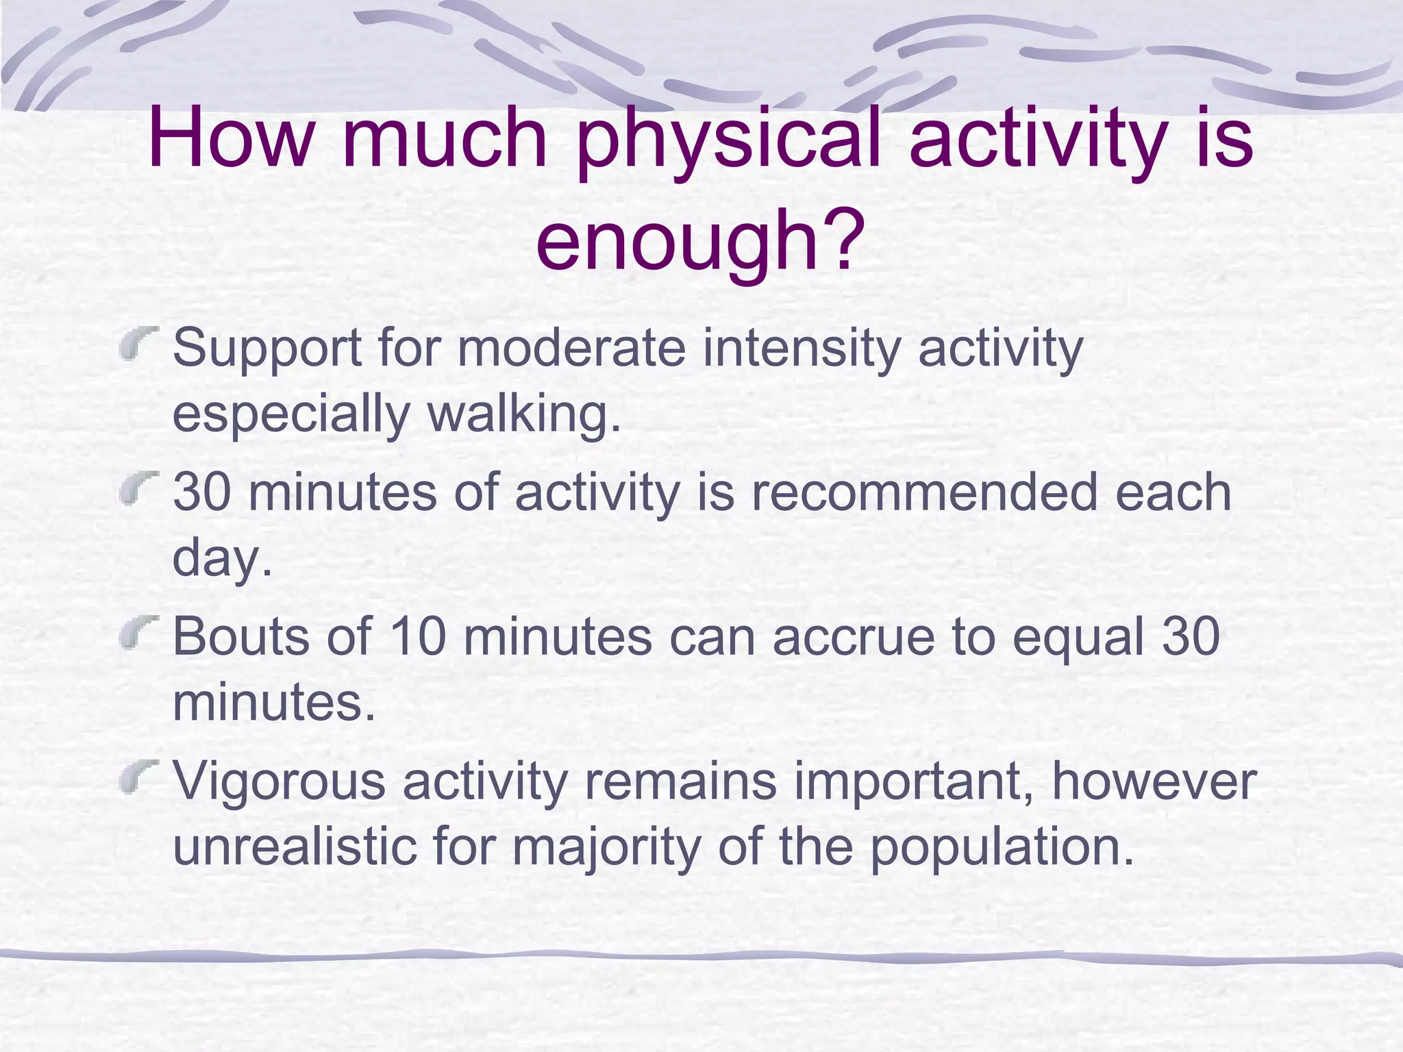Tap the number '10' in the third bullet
click(x=417, y=636)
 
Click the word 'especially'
click(x=290, y=414)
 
